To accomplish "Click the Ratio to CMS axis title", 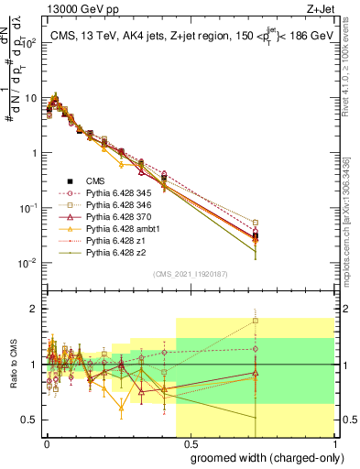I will pos(13,365).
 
